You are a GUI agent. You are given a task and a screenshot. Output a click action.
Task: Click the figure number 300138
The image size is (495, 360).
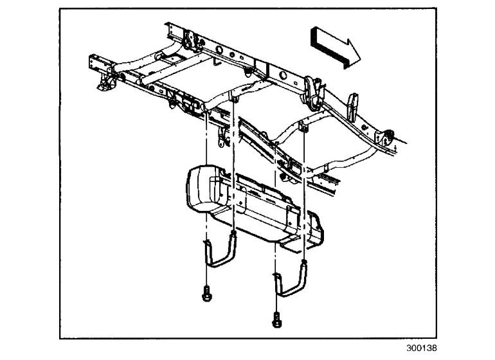[421, 348]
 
